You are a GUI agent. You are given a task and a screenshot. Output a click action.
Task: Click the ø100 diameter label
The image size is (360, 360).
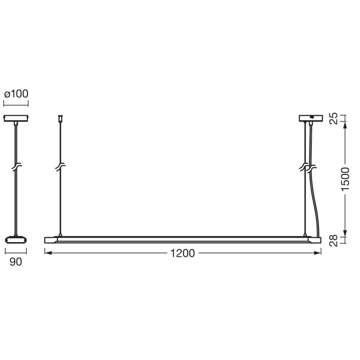(x=16, y=94)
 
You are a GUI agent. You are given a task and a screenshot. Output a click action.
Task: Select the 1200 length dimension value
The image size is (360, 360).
(x=182, y=253)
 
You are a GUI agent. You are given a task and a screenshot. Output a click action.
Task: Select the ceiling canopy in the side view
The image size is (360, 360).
(x=16, y=118)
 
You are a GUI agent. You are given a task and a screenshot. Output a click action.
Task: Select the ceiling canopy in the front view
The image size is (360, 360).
(x=310, y=118)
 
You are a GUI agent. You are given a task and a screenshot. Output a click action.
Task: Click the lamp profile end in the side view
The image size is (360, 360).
(x=16, y=240)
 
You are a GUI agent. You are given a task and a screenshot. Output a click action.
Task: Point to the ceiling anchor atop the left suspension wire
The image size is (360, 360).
(x=61, y=119)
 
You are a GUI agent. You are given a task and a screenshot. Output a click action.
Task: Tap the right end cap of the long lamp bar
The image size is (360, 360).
(x=316, y=240)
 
